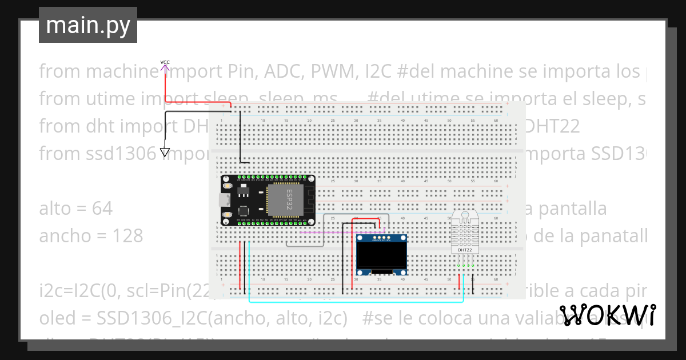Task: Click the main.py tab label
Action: click(x=87, y=25)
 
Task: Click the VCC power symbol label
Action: click(x=165, y=62)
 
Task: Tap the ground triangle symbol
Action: click(x=165, y=153)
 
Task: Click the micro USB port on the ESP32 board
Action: click(x=225, y=199)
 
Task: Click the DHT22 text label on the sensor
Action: click(x=465, y=250)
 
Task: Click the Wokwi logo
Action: click(x=607, y=315)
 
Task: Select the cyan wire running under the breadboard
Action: click(x=354, y=301)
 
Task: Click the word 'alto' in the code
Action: click(x=55, y=209)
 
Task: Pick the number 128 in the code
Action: click(x=126, y=235)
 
